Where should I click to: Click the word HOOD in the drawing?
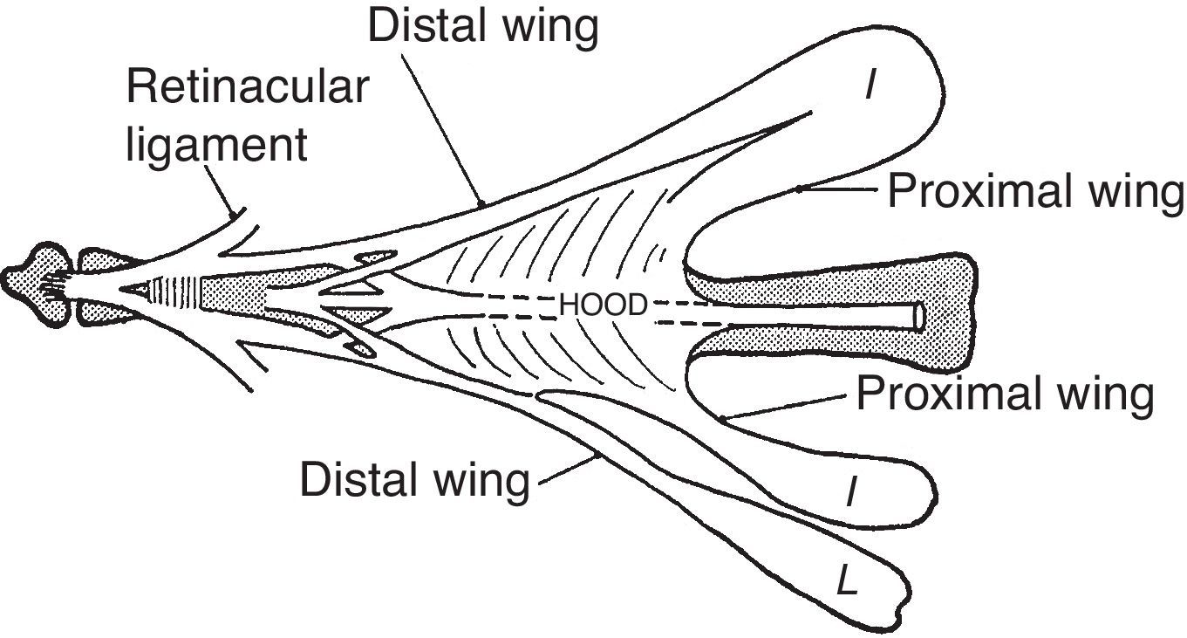point(603,305)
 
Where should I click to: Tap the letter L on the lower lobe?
point(845,580)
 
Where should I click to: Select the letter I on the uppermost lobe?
point(870,86)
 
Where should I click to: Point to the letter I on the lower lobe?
point(850,495)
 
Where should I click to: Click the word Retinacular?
point(248,87)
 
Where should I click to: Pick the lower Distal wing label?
point(414,479)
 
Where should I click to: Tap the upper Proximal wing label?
point(1035,190)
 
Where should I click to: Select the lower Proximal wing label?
point(1005,394)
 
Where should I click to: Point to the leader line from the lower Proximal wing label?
point(785,406)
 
